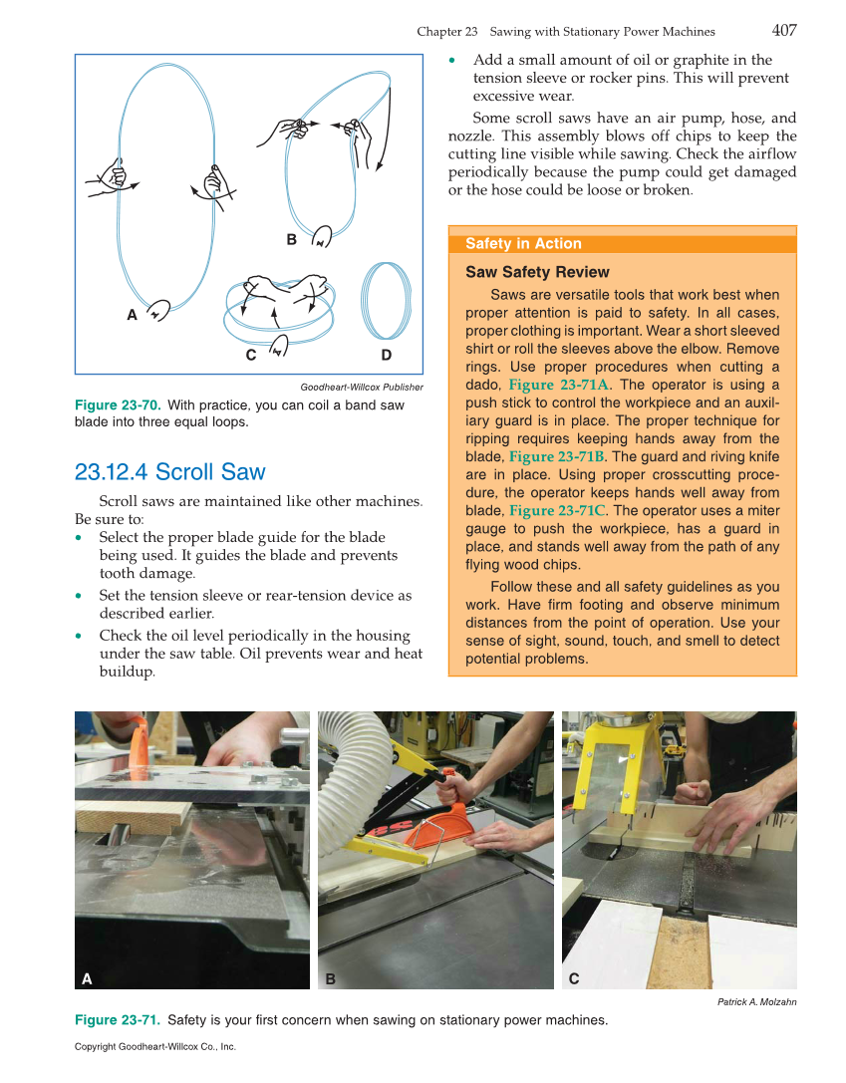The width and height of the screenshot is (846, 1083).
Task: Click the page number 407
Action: (x=783, y=30)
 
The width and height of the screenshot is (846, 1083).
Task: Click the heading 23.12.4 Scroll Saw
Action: (x=170, y=471)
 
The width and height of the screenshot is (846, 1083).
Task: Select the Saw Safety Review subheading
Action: (x=537, y=272)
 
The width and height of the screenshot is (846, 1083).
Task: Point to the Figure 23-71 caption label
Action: (x=118, y=1020)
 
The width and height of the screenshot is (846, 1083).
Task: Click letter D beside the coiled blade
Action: (x=386, y=355)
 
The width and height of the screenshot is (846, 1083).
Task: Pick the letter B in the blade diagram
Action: (x=291, y=240)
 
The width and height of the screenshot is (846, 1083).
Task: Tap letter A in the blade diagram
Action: (x=132, y=315)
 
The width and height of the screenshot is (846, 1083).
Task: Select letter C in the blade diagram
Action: (x=251, y=355)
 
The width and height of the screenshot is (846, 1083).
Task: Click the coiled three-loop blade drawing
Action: (x=386, y=303)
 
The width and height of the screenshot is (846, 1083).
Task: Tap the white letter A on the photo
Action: (x=88, y=978)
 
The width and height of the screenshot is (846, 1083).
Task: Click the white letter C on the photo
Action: (x=574, y=978)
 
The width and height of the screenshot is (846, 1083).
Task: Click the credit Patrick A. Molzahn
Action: (x=756, y=1002)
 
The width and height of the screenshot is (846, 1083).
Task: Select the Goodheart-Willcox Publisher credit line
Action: (x=361, y=388)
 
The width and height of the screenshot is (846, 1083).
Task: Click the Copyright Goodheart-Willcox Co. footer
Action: (x=155, y=1047)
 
